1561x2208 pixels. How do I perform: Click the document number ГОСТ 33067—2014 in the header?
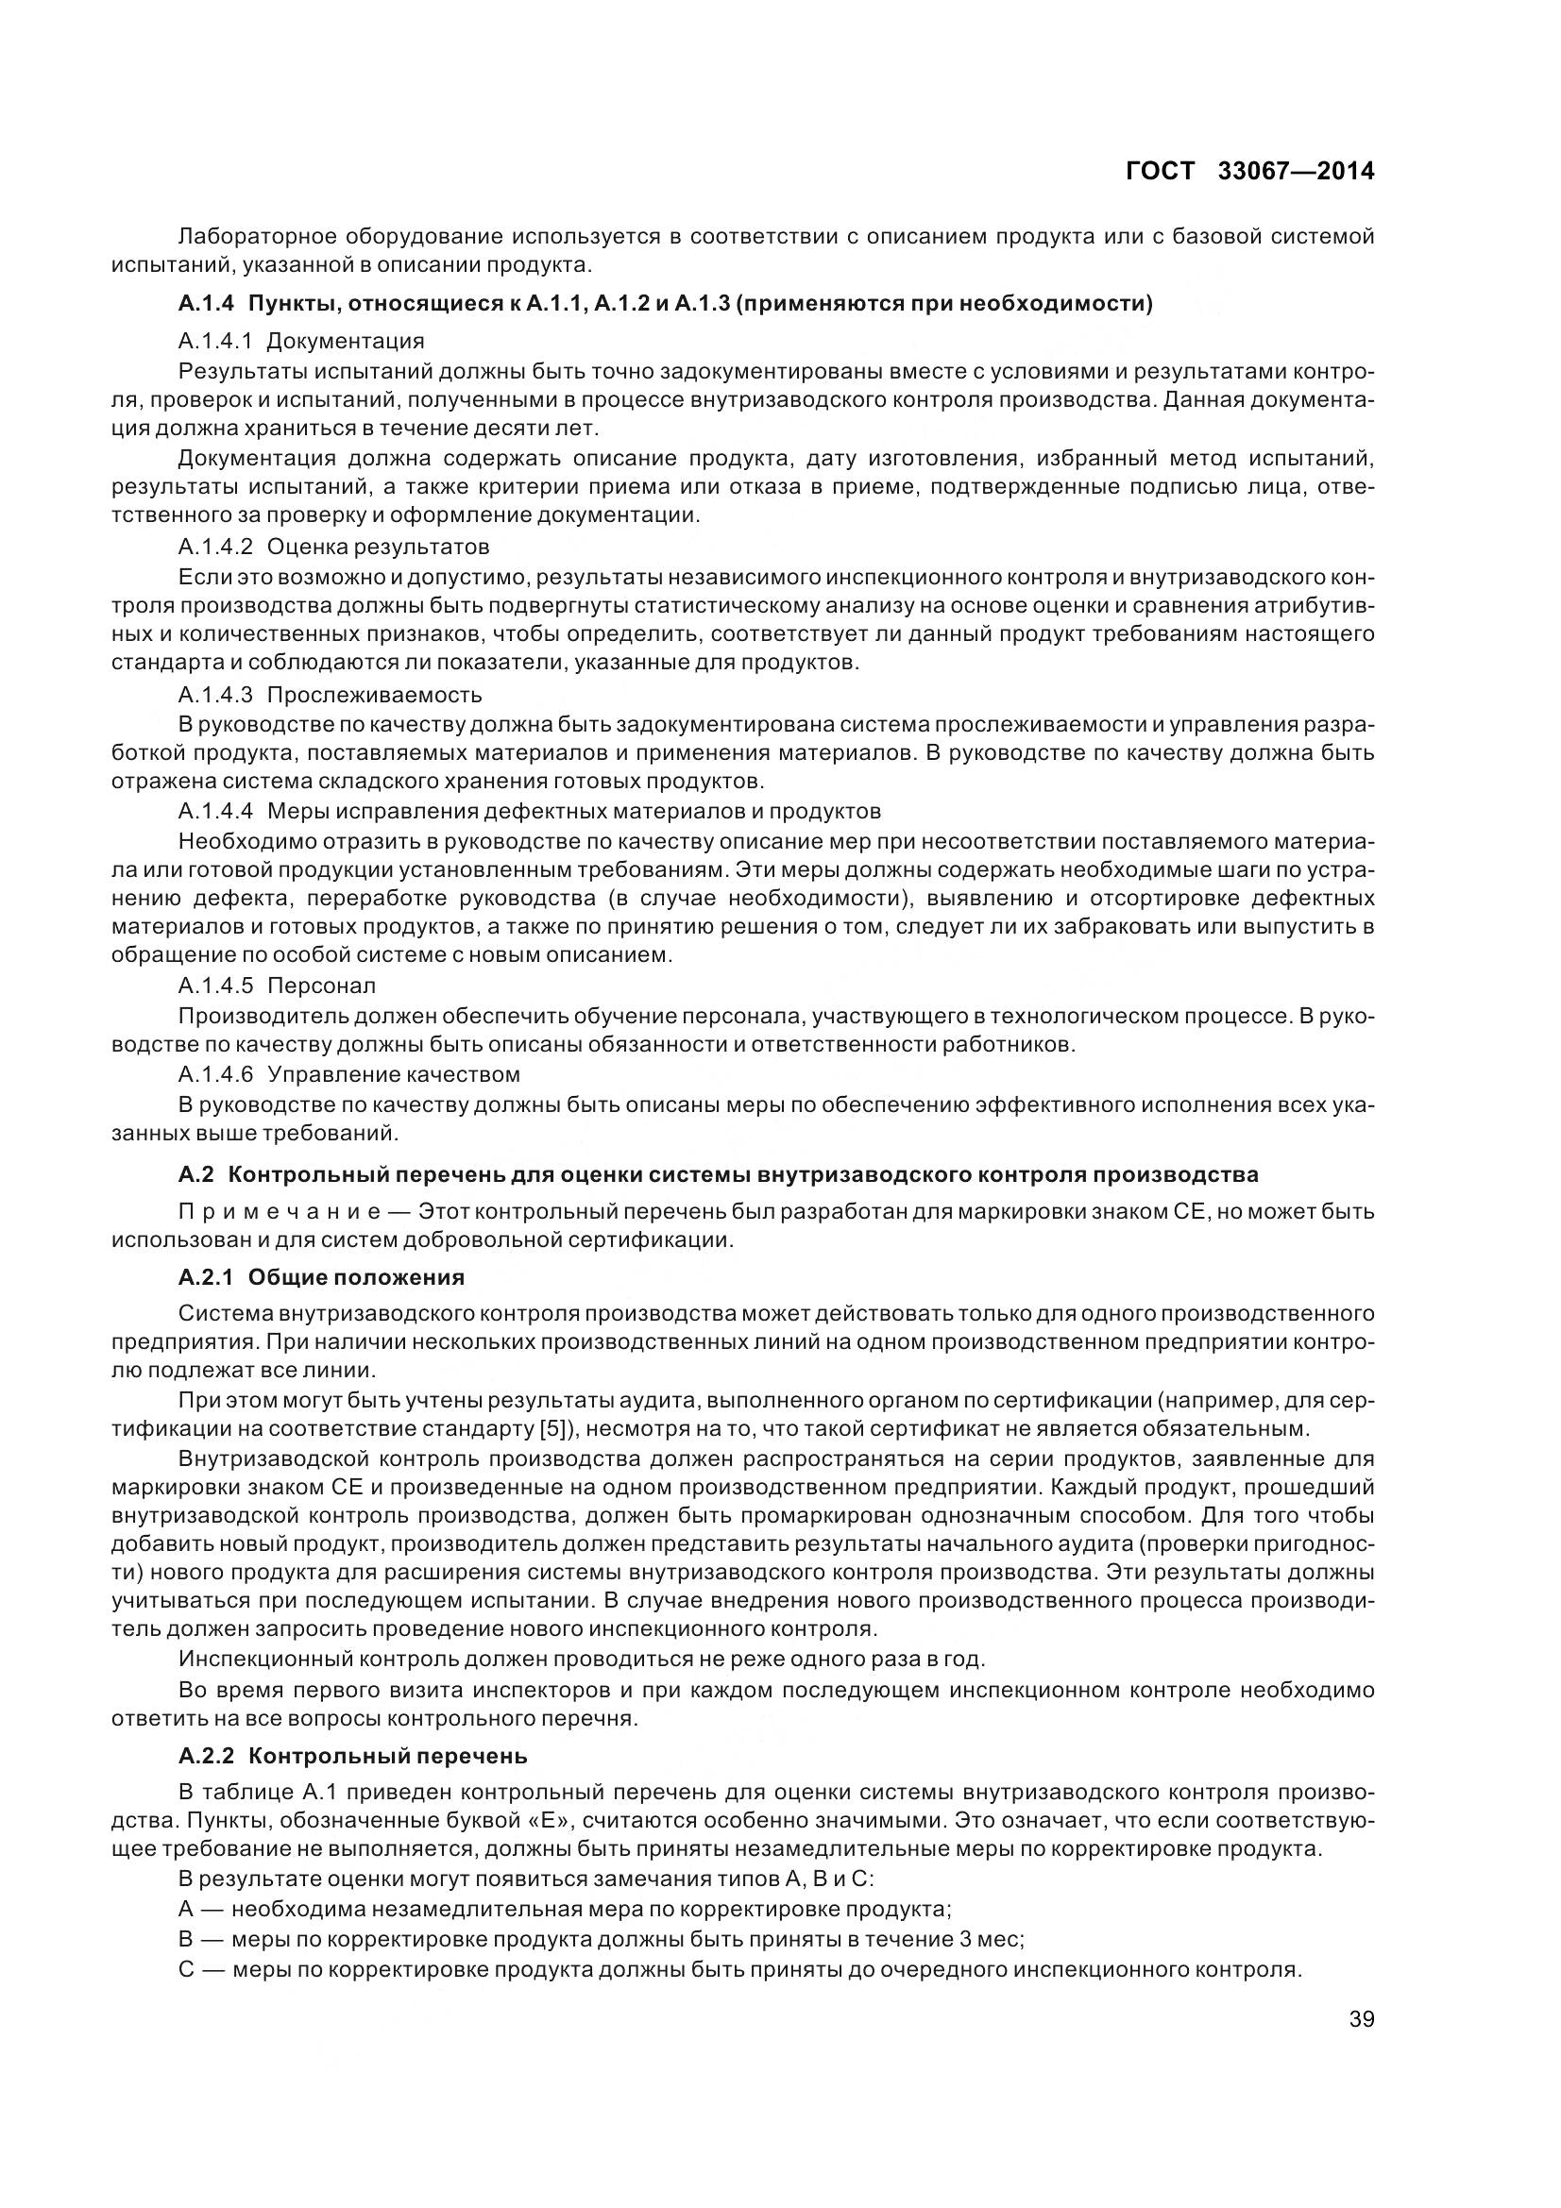[1249, 171]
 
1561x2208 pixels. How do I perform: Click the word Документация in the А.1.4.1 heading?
[346, 341]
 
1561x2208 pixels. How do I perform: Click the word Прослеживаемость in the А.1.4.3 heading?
[374, 695]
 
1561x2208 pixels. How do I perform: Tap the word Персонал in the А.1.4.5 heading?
[321, 986]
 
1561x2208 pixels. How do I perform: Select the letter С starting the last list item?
[187, 1967]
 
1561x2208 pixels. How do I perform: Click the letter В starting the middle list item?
[187, 1938]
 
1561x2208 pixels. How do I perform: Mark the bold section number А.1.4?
[206, 304]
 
